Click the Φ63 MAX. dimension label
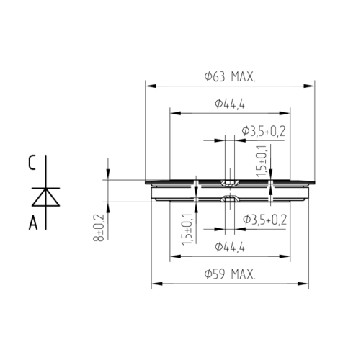(x=231, y=76)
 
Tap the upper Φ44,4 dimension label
(x=230, y=104)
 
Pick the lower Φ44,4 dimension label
(x=230, y=247)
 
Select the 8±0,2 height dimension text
(x=99, y=228)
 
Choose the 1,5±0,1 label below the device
(x=187, y=230)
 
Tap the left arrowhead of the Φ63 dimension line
(x=149, y=86)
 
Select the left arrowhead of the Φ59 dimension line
(x=153, y=284)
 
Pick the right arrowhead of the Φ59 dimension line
(x=309, y=284)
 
